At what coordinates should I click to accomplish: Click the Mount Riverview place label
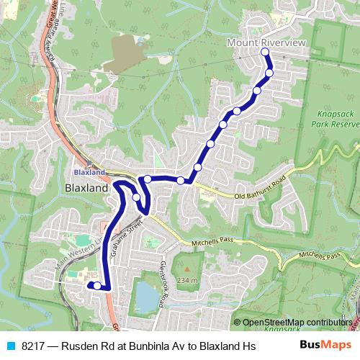coord(266,43)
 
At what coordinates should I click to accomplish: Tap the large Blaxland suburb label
coord(86,188)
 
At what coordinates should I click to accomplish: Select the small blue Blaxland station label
coord(89,173)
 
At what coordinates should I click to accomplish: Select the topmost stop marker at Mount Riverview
coord(264,53)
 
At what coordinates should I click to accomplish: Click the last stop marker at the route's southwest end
coord(97,286)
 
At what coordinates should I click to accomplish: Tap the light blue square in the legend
coord(10,346)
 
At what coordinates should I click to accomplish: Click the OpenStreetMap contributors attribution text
coord(297,322)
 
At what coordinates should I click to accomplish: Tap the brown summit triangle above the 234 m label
coord(192,270)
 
